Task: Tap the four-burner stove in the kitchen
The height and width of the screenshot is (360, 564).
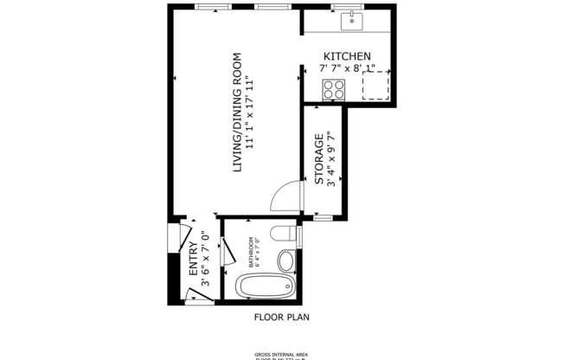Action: (333, 88)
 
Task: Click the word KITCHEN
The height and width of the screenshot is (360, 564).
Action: (348, 56)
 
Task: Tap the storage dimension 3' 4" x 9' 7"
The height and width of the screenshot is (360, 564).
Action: (332, 158)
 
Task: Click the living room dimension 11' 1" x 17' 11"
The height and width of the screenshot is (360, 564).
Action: (250, 112)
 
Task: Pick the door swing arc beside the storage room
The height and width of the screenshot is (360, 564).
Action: (285, 196)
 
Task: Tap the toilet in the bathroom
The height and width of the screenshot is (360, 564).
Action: (281, 234)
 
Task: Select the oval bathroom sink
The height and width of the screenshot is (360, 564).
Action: (288, 259)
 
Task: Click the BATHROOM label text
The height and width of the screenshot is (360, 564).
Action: (251, 251)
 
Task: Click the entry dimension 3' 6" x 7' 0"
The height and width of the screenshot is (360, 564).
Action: (205, 258)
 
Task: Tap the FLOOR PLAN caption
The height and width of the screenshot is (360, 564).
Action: (281, 317)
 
